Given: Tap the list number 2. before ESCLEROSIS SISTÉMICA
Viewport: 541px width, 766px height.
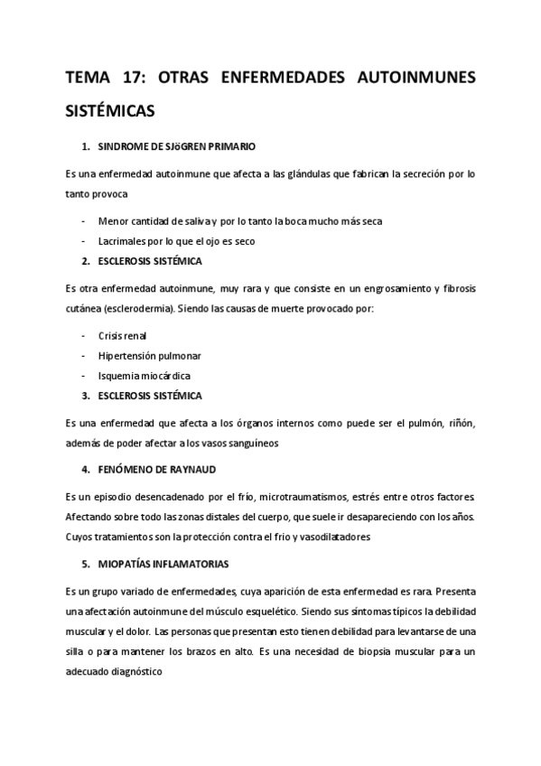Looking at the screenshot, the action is pos(86,262).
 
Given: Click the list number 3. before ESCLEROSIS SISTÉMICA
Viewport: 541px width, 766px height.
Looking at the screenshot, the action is pos(86,396).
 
